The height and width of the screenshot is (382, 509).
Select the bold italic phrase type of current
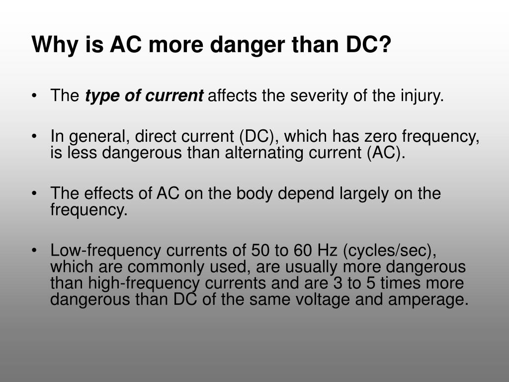pos(144,95)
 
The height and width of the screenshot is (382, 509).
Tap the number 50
pos(261,250)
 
